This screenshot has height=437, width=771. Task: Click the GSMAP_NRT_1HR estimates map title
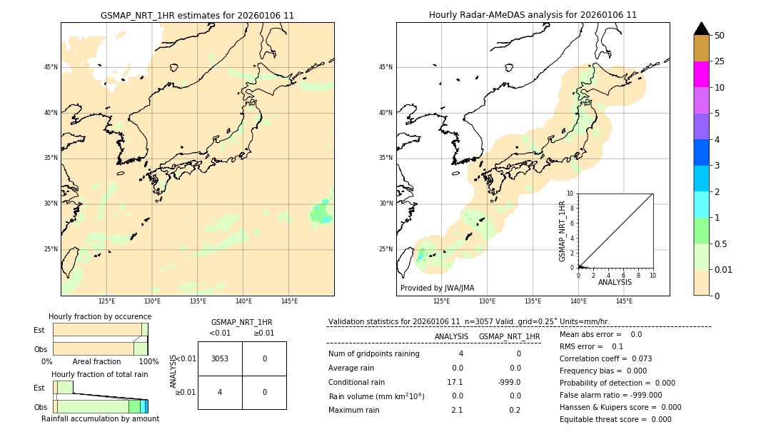coord(197,15)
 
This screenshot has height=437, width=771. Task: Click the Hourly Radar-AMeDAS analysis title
coord(533,15)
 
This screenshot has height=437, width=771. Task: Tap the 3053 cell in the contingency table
coord(220,358)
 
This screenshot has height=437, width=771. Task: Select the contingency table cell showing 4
coord(220,392)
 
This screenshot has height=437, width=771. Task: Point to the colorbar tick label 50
coord(720,35)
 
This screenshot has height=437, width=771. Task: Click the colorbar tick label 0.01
coord(724,269)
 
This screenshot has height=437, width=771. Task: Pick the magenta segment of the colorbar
coord(702,74)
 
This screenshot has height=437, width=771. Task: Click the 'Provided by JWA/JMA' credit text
coord(437,288)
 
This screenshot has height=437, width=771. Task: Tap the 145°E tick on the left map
coord(288,301)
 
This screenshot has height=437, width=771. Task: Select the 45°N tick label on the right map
coord(385,67)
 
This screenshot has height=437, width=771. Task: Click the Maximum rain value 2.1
coord(457,410)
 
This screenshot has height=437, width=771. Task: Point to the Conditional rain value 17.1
coord(455,382)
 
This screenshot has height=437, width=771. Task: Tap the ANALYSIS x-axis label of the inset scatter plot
coord(615,282)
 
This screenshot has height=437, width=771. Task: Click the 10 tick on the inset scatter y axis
coord(570,193)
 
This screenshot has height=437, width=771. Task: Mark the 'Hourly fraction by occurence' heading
coord(100,316)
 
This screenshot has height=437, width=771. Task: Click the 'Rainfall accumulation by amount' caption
coord(100,418)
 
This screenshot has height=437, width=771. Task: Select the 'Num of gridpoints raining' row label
coord(374,354)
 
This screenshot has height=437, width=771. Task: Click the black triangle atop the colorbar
coord(702,29)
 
